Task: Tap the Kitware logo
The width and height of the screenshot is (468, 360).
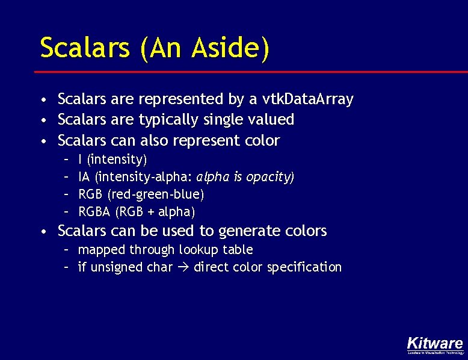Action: point(435,344)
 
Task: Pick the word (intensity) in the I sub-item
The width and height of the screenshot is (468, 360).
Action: point(117,160)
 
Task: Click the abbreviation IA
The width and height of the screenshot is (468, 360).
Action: point(85,177)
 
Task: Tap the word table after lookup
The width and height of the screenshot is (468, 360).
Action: point(238,249)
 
